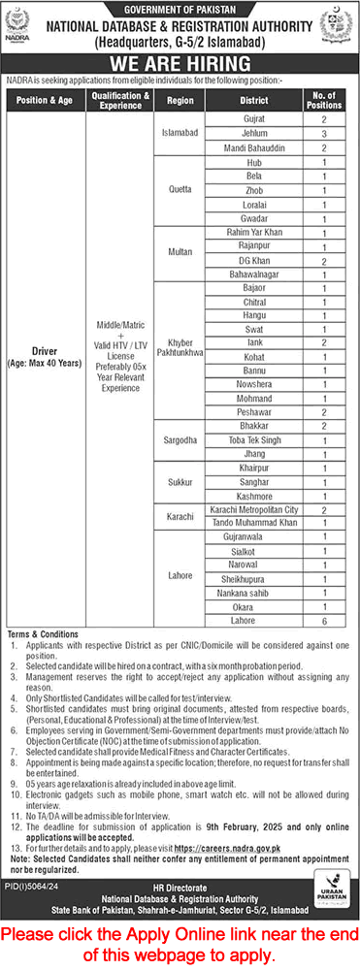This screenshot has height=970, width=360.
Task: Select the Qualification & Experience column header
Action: pos(119,103)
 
